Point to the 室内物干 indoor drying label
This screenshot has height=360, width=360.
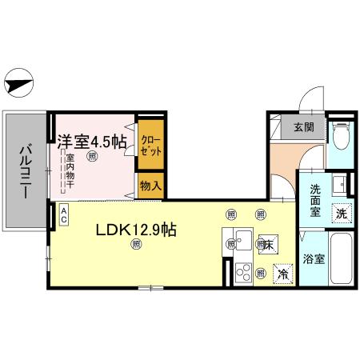pos(70,171)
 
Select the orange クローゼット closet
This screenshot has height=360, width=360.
pos(150,146)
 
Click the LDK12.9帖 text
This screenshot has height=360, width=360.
pos(136,230)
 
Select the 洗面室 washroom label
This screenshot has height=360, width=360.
pos(310,202)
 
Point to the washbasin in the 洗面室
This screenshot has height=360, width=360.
pos(339,182)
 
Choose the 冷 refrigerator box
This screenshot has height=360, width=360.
pos(283,273)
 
